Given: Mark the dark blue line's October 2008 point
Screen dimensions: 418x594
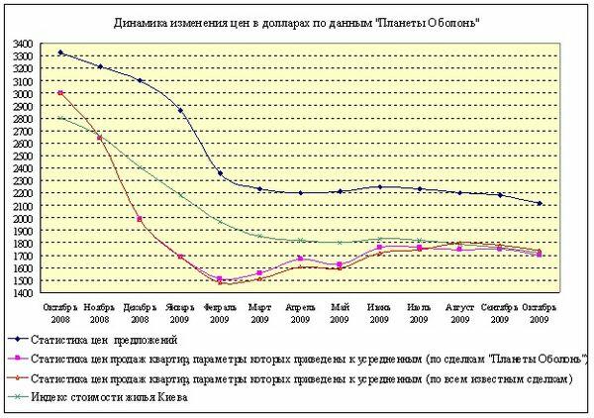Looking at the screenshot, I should coord(60,52).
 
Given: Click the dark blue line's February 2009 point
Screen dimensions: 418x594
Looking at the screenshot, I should coord(220,174).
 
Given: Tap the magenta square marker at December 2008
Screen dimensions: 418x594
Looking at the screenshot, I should coord(140,219).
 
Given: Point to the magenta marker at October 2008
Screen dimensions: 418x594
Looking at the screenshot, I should coord(60,93).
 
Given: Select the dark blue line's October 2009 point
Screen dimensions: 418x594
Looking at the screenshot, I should coord(539,204).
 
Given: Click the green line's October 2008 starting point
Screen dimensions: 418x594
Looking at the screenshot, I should coord(60,118).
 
